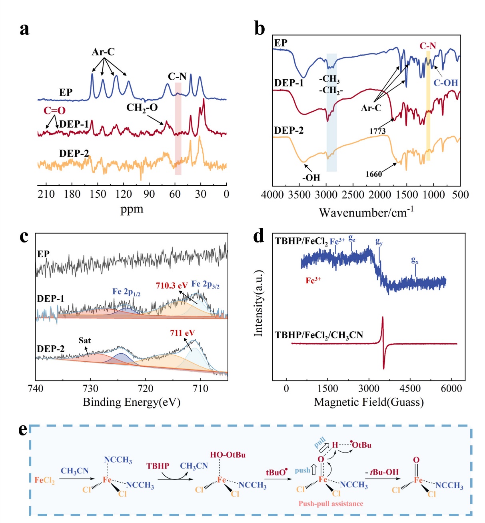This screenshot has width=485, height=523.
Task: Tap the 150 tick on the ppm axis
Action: point(98,194)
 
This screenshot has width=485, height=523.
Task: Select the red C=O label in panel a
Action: point(54,110)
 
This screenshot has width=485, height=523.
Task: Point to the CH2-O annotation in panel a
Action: point(142,108)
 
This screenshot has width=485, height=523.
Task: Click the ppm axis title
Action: point(132,209)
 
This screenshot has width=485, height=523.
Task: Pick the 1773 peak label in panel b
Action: point(377,131)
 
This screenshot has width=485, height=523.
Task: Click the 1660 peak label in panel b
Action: point(374,174)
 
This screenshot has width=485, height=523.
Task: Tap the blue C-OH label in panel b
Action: point(445,83)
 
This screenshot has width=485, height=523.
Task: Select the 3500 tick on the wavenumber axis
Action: point(299,195)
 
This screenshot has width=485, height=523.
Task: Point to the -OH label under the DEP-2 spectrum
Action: point(311,177)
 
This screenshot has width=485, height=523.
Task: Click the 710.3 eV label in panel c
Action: point(172,286)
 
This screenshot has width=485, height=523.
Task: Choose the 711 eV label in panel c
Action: point(182,333)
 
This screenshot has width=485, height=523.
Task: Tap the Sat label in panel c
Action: point(85,341)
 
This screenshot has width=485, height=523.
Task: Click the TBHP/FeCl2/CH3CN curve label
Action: point(319,335)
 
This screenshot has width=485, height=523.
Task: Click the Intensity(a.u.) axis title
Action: point(259,303)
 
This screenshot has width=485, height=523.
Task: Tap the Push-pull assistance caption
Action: point(331,503)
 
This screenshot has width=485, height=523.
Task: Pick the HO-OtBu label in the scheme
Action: point(228,455)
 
